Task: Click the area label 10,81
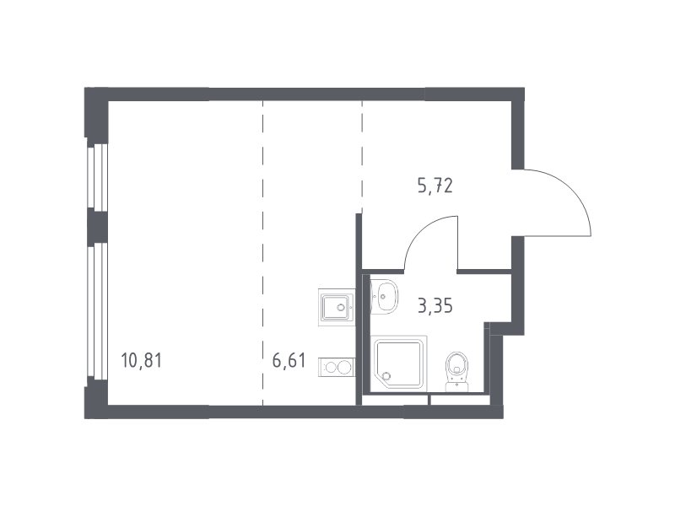[142, 360]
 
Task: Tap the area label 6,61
[289, 360]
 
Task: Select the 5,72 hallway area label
[435, 186]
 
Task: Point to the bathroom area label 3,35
[435, 306]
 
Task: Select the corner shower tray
[399, 363]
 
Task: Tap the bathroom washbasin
[384, 297]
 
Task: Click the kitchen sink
[337, 307]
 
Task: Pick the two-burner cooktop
[337, 368]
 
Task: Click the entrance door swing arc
[572, 188]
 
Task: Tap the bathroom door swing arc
[419, 233]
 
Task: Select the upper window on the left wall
[97, 177]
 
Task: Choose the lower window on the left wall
[97, 311]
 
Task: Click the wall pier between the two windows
[97, 227]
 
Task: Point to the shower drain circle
[387, 376]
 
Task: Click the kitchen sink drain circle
[342, 307]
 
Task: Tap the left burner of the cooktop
[331, 368]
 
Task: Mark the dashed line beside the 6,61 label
[263, 254]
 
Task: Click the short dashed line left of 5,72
[362, 157]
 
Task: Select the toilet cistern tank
[456, 386]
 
